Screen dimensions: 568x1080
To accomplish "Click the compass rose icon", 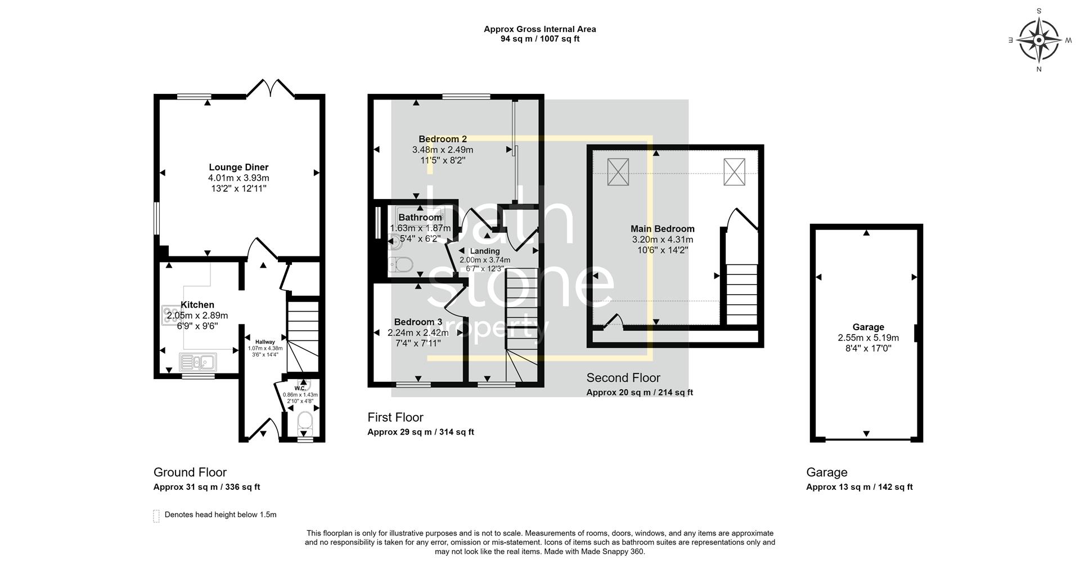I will (1038, 40).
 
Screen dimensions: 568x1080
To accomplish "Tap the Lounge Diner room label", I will (238, 167).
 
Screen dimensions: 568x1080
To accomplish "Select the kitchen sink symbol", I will (197, 361).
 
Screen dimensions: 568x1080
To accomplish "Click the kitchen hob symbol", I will (170, 315).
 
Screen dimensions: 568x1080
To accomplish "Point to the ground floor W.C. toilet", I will (305, 421).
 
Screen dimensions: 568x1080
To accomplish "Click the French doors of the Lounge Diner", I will (271, 88).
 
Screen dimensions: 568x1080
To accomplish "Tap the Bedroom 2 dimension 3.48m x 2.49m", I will (443, 150).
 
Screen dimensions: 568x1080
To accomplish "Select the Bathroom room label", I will (420, 218).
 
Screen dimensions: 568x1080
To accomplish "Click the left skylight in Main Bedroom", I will (618, 172).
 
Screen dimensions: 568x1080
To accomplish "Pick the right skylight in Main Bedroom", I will (734, 172).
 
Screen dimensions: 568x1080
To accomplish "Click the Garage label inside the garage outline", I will (868, 327).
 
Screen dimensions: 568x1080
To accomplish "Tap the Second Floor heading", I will (623, 378).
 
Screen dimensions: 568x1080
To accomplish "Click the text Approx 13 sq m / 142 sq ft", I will (859, 487).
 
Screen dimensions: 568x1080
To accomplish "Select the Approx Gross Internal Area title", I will (539, 29).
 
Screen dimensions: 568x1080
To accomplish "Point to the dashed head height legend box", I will (156, 516).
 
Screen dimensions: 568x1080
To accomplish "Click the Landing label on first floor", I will (484, 251).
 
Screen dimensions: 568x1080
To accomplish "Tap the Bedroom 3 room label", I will (417, 322).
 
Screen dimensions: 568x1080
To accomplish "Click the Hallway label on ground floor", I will (265, 342).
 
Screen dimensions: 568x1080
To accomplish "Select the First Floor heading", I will (395, 417).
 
